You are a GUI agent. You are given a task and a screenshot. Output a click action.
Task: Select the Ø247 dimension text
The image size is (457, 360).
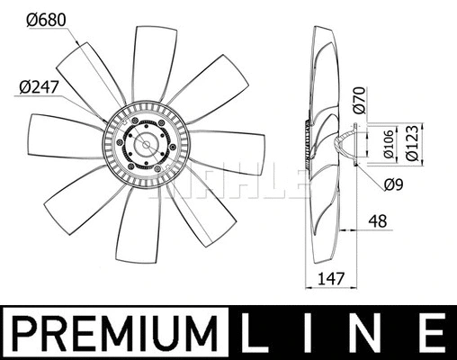click(38, 86)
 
